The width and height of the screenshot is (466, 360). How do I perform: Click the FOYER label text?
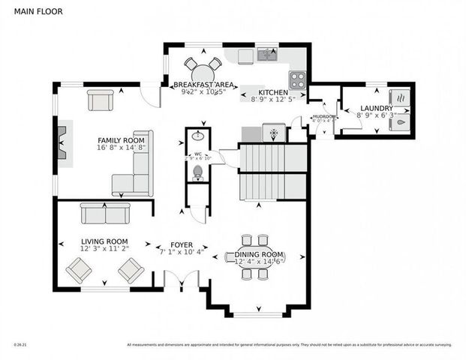(x=182, y=244)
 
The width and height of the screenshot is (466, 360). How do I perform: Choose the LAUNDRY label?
(x=376, y=108)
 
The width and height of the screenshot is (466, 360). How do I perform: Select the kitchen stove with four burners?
(x=297, y=79)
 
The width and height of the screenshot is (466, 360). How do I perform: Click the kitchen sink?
(x=267, y=54)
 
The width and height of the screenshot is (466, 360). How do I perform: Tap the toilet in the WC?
(x=198, y=173)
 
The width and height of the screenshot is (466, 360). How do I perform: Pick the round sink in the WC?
(x=198, y=137)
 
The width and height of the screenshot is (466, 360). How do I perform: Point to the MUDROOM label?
(x=323, y=116)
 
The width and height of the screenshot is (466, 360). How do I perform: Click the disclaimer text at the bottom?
(x=289, y=345)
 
